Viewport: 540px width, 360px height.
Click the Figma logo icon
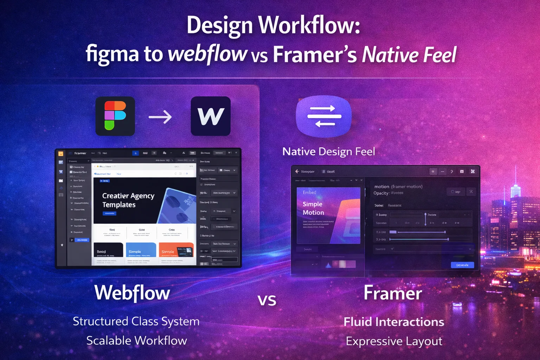pyautogui.click(x=115, y=116)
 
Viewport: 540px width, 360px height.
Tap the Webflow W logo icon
pyautogui.click(x=211, y=116)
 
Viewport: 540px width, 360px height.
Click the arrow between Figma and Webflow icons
pyautogui.click(x=160, y=117)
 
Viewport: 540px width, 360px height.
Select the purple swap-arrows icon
pyautogui.click(x=324, y=116)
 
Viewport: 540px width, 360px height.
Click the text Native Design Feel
pyautogui.click(x=328, y=152)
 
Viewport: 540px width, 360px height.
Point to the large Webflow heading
pyautogui.click(x=132, y=293)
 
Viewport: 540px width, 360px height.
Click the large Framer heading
pyautogui.click(x=393, y=293)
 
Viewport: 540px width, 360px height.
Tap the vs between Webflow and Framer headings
pyautogui.click(x=267, y=300)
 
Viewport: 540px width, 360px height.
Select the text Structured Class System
pyautogui.click(x=136, y=321)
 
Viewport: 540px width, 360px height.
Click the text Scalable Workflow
pyautogui.click(x=136, y=341)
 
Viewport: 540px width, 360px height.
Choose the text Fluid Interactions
pyautogui.click(x=394, y=322)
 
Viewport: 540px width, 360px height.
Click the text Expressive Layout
pyautogui.click(x=394, y=341)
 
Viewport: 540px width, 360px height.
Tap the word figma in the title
pyautogui.click(x=112, y=54)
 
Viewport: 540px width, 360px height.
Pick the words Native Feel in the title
pyautogui.click(x=409, y=54)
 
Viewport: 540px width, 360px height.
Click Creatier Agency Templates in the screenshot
pyautogui.click(x=128, y=200)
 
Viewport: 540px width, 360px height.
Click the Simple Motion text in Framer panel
pyautogui.click(x=313, y=208)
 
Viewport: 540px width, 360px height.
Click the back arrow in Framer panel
pyautogui.click(x=297, y=171)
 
